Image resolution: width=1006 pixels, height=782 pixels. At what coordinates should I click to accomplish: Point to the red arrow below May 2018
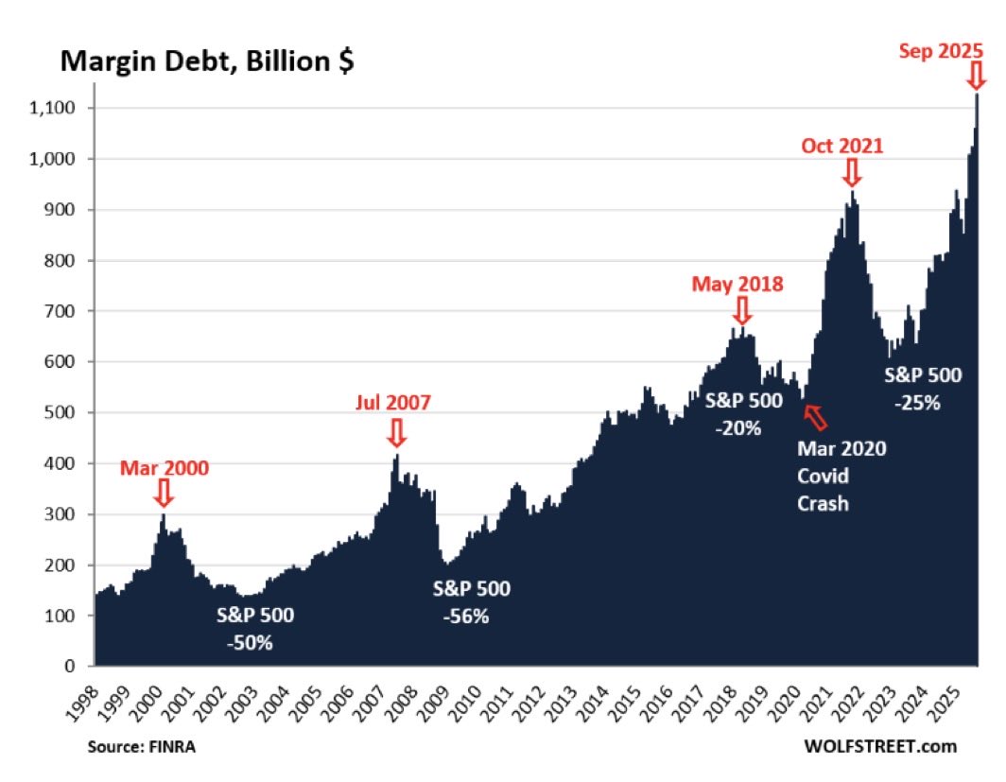pyautogui.click(x=741, y=310)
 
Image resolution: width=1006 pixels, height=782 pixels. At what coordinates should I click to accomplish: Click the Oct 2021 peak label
pyautogui.click(x=841, y=147)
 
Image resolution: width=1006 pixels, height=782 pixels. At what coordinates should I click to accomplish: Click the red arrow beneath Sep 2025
pyautogui.click(x=977, y=77)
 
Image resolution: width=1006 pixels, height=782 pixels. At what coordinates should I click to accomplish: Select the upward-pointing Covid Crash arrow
pyautogui.click(x=813, y=415)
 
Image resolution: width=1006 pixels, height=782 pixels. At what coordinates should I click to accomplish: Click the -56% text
pyautogui.click(x=466, y=617)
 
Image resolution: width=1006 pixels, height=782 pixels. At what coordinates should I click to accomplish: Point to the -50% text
pyautogui.click(x=250, y=643)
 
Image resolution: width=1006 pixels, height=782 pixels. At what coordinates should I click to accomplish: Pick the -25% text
pyautogui.click(x=918, y=402)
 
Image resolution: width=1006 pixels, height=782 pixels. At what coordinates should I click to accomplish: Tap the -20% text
pyautogui.click(x=738, y=427)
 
